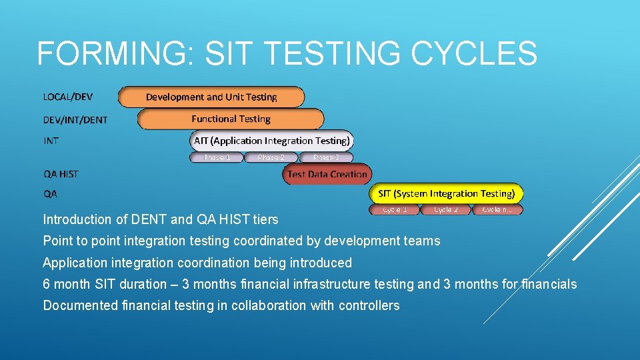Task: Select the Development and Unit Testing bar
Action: [x=211, y=97]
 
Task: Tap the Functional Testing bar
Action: [x=231, y=119]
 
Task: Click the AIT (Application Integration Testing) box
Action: [x=271, y=141]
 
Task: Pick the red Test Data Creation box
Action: [x=327, y=175]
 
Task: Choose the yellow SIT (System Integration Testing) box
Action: [x=446, y=194]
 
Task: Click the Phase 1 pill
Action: [x=217, y=158]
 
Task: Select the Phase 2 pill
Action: [x=271, y=158]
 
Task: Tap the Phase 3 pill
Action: [x=326, y=158]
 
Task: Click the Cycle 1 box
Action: [x=395, y=210]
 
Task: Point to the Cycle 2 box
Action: [x=446, y=210]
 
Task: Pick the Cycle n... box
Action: [x=497, y=210]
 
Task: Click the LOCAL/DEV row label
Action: [x=68, y=97]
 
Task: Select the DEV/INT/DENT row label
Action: [x=75, y=120]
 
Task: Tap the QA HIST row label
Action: [x=61, y=174]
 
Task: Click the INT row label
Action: [x=51, y=141]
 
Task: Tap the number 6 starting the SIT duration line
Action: [x=47, y=285]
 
